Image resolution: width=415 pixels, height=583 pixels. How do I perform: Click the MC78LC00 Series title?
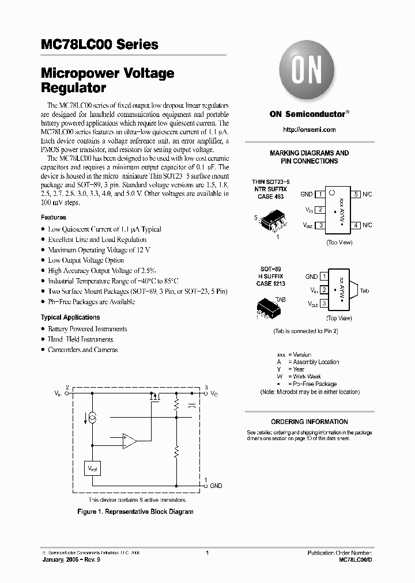pos(99,44)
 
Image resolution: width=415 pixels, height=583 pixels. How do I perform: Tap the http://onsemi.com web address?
pos(310,130)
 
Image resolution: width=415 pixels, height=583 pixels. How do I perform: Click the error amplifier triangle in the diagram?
pos(129,442)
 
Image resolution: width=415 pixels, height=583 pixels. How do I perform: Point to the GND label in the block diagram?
pos(216,486)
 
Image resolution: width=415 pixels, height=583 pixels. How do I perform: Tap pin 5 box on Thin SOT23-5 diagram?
pos(357,195)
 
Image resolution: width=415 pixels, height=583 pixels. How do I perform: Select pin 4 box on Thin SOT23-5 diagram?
pos(357,225)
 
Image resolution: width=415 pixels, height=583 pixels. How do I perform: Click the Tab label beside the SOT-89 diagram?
pos(364,291)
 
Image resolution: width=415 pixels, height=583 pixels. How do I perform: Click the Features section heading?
pos(53,218)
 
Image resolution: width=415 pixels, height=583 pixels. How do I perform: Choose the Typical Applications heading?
pos(70,317)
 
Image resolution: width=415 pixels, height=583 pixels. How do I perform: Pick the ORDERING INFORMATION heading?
pos(310,422)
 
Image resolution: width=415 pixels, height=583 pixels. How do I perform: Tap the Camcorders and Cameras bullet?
pos(82,350)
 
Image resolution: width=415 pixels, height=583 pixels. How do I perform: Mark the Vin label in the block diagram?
pos(57,393)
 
